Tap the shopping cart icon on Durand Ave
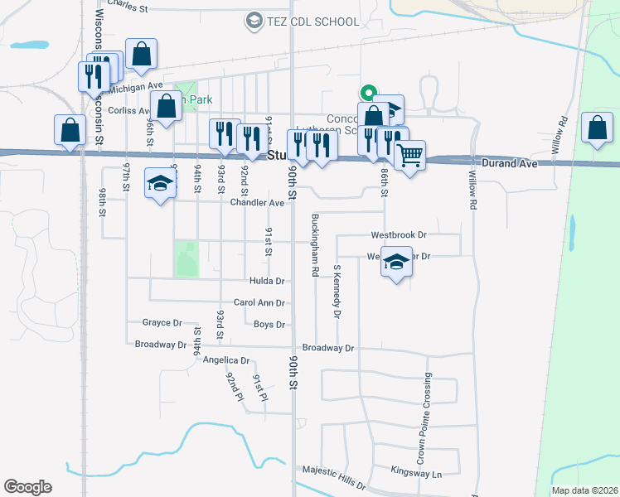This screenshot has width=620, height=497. coord(409,154)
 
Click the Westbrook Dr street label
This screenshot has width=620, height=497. coord(398,235)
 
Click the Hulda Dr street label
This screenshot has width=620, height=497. coord(267,282)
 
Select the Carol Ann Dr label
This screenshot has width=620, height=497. coord(259,303)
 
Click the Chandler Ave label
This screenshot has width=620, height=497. coord(257,202)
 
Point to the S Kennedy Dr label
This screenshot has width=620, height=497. coord(337,292)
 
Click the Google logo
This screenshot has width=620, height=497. coord(27,487)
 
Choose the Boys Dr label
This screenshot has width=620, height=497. coord(269,325)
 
